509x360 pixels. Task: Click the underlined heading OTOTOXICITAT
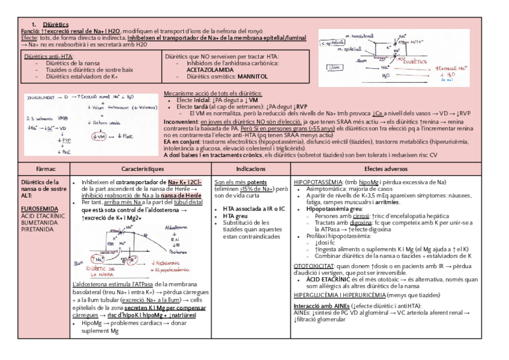click(313, 266)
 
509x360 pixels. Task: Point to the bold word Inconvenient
click(182, 121)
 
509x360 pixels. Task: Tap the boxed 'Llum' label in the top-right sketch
click(334, 68)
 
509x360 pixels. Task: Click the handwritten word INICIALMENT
click(40, 96)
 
